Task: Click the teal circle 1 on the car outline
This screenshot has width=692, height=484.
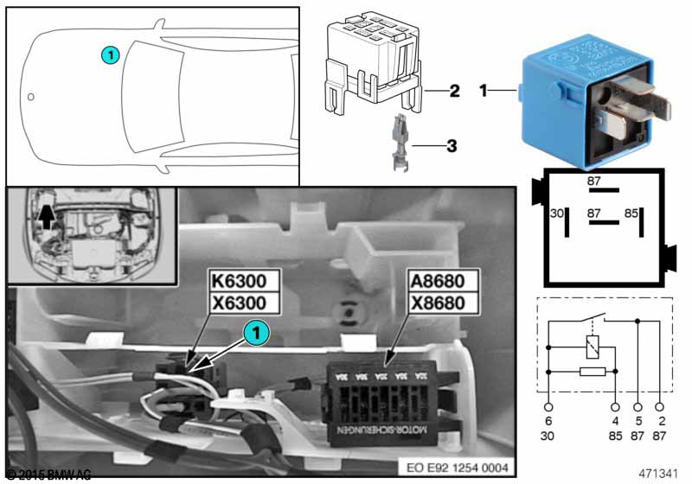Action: click(x=109, y=55)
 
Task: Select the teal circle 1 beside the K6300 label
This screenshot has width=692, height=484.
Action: click(x=253, y=330)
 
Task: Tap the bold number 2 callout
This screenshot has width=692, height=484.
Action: click(x=454, y=90)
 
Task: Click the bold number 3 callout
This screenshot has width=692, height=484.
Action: click(x=451, y=146)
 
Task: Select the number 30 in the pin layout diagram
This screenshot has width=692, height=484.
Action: click(x=557, y=213)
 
